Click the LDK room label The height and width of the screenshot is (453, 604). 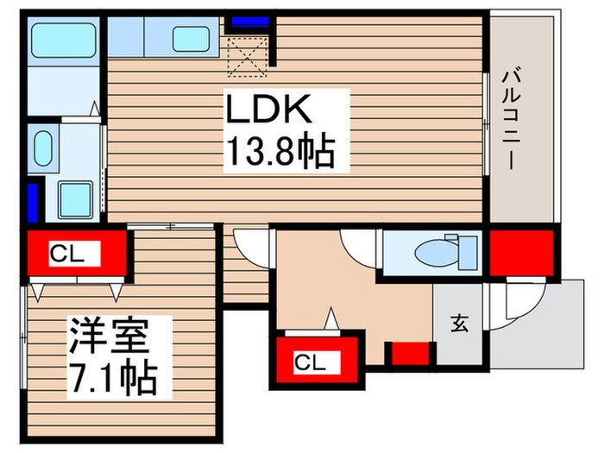click(x=268, y=112)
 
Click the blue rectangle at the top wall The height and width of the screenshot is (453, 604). click(x=249, y=22)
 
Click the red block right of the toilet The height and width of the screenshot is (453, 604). click(x=521, y=252)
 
